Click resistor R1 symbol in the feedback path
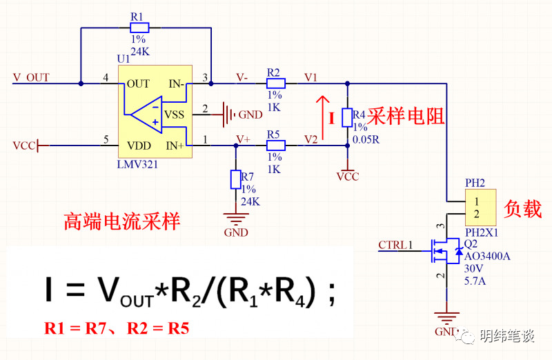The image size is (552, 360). [139, 28]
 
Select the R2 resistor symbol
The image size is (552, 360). [275, 83]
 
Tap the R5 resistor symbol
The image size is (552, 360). [275, 146]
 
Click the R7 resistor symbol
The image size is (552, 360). [235, 180]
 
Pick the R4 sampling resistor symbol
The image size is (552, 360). [348, 115]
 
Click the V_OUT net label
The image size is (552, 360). [31, 77]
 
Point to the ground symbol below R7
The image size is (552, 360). [235, 219]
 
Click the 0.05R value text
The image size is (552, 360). [366, 139]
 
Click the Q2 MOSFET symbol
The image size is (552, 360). [442, 252]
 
